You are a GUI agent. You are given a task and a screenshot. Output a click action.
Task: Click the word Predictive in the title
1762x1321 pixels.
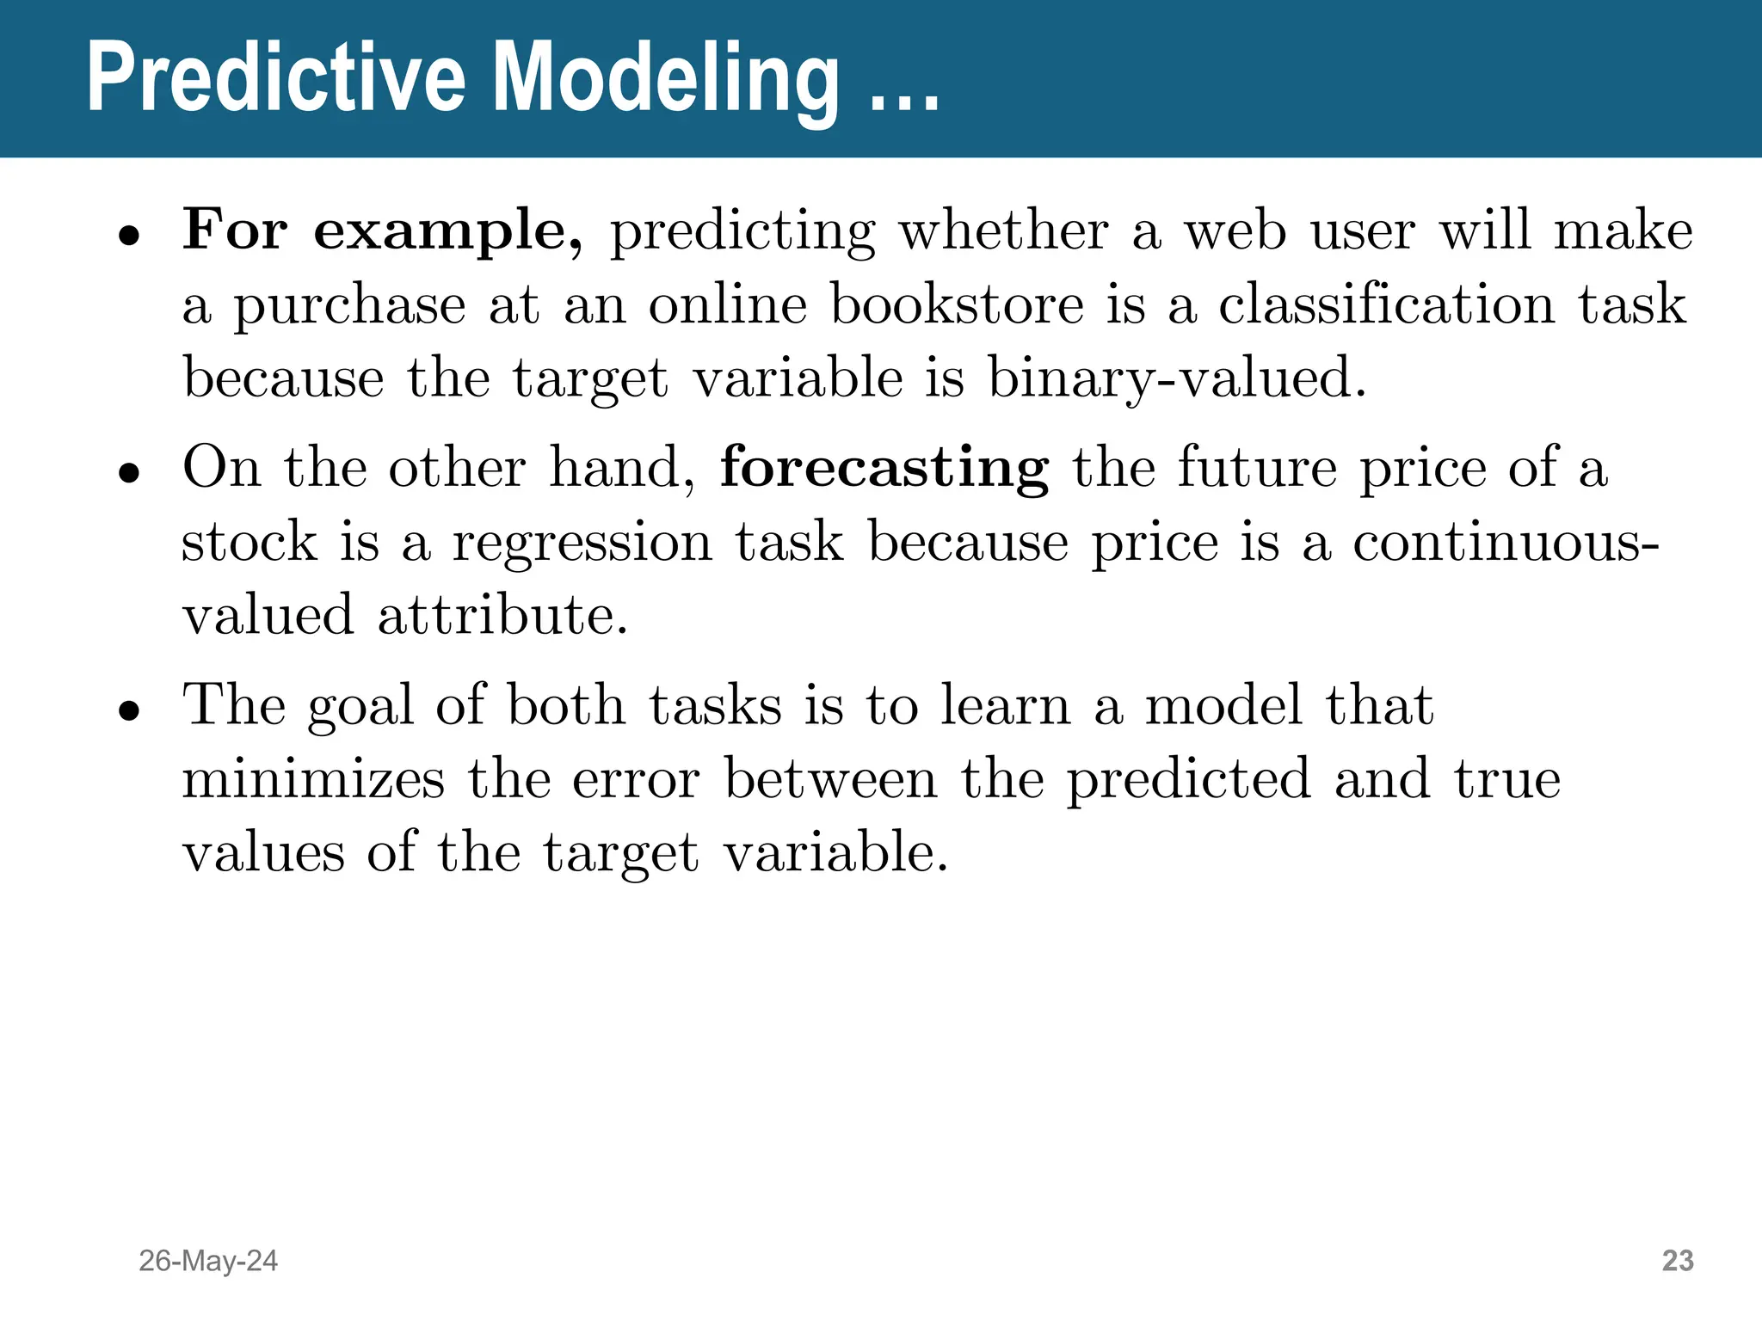[x=275, y=79]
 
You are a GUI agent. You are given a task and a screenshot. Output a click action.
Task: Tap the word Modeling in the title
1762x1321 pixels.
[x=667, y=79]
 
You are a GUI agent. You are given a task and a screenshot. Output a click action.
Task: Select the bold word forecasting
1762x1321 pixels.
[x=884, y=469]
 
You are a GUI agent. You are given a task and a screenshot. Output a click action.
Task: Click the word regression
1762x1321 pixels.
[x=582, y=543]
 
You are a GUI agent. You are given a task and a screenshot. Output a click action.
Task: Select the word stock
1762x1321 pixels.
[x=250, y=543]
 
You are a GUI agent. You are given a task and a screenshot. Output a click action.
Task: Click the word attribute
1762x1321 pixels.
[x=502, y=616]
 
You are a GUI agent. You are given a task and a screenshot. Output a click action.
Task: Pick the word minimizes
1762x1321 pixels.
[x=313, y=779]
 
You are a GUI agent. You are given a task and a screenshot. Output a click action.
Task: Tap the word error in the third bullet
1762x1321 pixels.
[x=636, y=779]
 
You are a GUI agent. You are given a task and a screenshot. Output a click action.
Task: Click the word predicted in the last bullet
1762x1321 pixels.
[x=1188, y=779]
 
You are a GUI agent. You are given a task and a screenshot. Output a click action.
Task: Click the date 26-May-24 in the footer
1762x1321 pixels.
[x=208, y=1261]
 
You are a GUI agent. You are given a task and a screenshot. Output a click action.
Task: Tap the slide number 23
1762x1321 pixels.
[x=1678, y=1261]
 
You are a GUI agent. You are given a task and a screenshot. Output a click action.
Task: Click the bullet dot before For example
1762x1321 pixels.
[x=129, y=236]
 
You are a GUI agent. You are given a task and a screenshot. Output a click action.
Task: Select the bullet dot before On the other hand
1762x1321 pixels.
[x=129, y=473]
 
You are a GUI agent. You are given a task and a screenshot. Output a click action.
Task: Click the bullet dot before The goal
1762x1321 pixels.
[x=129, y=710]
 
